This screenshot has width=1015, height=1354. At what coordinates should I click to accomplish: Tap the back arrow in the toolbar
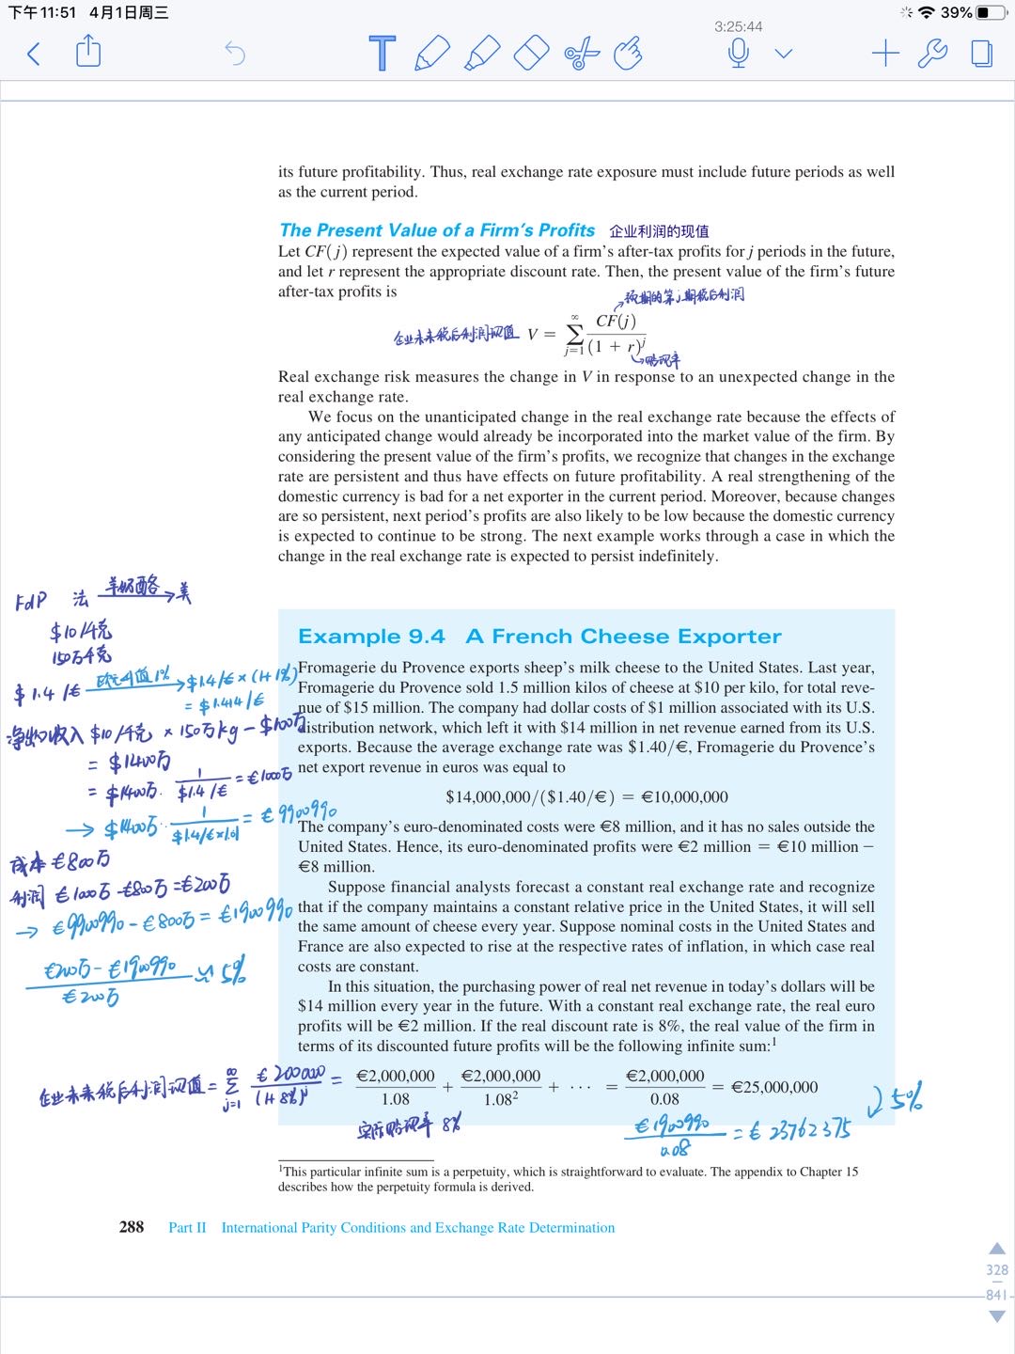tap(34, 54)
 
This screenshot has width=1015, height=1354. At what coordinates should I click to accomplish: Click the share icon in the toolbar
tap(88, 51)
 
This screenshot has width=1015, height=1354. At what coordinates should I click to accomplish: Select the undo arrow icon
tap(235, 54)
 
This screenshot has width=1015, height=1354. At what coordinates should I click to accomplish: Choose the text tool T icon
tap(383, 54)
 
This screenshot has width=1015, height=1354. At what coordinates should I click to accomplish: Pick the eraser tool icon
tap(531, 53)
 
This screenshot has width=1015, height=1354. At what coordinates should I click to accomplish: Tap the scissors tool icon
tap(582, 53)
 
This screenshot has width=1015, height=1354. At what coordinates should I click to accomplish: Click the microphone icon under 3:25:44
tap(739, 53)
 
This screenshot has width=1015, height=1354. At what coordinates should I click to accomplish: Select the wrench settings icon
tap(932, 53)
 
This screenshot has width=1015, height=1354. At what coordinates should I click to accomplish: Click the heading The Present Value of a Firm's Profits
tap(437, 230)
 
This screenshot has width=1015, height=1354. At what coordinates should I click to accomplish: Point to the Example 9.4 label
tap(371, 637)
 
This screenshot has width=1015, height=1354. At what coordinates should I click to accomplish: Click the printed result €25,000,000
tap(774, 1087)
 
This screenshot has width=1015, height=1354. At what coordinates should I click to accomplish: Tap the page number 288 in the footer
tap(132, 1227)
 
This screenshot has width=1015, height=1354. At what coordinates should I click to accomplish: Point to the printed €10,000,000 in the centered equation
tap(684, 797)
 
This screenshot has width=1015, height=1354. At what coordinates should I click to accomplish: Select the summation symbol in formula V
tap(574, 335)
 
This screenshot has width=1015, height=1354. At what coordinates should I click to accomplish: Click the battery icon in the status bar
tap(991, 12)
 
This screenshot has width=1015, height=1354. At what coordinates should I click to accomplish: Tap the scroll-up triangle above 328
tap(997, 1249)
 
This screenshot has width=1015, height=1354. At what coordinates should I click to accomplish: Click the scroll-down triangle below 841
tap(997, 1316)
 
